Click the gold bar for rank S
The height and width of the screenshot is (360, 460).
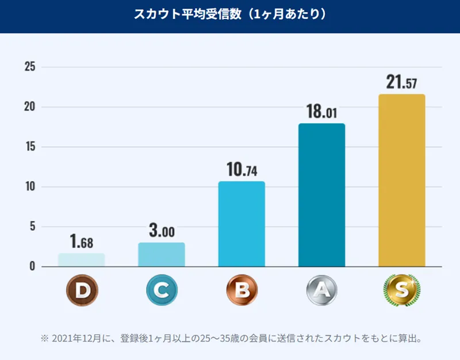pyautogui.click(x=402, y=181)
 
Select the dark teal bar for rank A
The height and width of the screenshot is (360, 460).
pyautogui.click(x=322, y=195)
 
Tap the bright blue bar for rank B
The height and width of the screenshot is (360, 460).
pyautogui.click(x=241, y=224)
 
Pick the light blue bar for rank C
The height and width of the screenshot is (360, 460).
pyautogui.click(x=162, y=255)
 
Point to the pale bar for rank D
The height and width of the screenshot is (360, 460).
pyautogui.click(x=81, y=260)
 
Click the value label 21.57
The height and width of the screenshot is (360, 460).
pyautogui.click(x=402, y=82)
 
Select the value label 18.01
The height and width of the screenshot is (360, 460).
pyautogui.click(x=322, y=112)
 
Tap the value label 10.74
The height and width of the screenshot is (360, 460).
pyautogui.click(x=241, y=170)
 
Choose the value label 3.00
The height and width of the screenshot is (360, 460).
pyautogui.click(x=162, y=231)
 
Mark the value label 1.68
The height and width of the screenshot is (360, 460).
pyautogui.click(x=81, y=242)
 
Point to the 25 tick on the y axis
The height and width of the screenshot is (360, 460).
pyautogui.click(x=29, y=67)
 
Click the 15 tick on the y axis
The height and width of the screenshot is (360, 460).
pyautogui.click(x=29, y=147)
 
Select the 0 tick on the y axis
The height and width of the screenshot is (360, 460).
pyautogui.click(x=32, y=267)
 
